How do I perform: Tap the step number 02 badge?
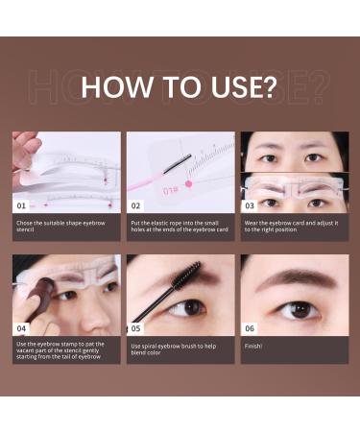click(136, 205)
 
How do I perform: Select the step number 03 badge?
click(251, 205)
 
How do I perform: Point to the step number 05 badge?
click(136, 327)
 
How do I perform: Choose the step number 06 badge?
click(251, 327)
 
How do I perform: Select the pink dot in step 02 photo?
click(189, 182)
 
